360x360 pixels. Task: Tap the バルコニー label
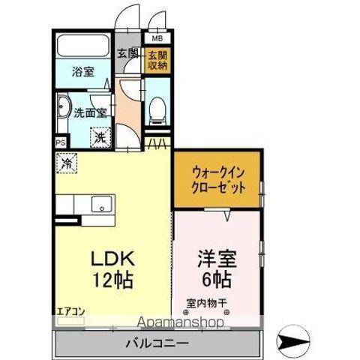tap(156, 343)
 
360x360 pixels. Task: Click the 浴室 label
tap(83, 72)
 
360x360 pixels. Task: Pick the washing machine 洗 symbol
tap(100, 137)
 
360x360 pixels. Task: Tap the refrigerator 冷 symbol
tap(67, 162)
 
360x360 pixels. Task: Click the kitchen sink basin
tap(100, 204)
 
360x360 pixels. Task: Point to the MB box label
tap(157, 38)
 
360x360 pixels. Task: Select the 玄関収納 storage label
tap(157, 61)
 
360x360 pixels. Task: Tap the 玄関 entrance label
tap(128, 54)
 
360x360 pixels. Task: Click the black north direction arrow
tap(292, 342)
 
